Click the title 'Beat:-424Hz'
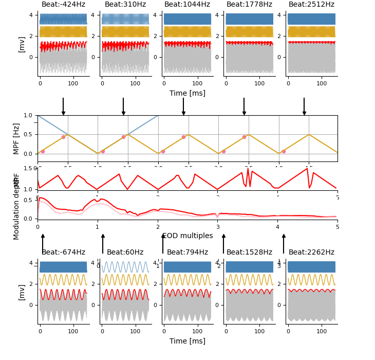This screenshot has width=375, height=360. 63,5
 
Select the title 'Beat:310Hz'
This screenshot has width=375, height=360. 125,5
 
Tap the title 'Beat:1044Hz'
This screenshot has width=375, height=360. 187,5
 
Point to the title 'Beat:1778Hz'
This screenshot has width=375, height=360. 249,5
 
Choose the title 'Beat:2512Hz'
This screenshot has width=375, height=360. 311,5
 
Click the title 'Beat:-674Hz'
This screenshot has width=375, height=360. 63,253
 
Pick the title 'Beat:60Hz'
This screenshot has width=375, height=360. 125,253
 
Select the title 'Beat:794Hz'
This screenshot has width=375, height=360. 187,253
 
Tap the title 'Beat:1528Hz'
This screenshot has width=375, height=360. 249,253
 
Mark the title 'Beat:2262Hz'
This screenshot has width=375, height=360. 311,253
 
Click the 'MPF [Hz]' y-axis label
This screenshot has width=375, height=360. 16,138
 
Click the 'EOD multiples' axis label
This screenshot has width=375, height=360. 188,236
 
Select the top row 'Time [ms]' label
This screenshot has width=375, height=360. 188,94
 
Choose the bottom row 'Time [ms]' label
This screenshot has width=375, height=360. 188,341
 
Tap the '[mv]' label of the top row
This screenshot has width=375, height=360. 22,44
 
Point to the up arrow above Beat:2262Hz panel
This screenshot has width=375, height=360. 284,243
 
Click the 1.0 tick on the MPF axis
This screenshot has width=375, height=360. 28,115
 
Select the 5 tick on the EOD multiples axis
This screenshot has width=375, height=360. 338,227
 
